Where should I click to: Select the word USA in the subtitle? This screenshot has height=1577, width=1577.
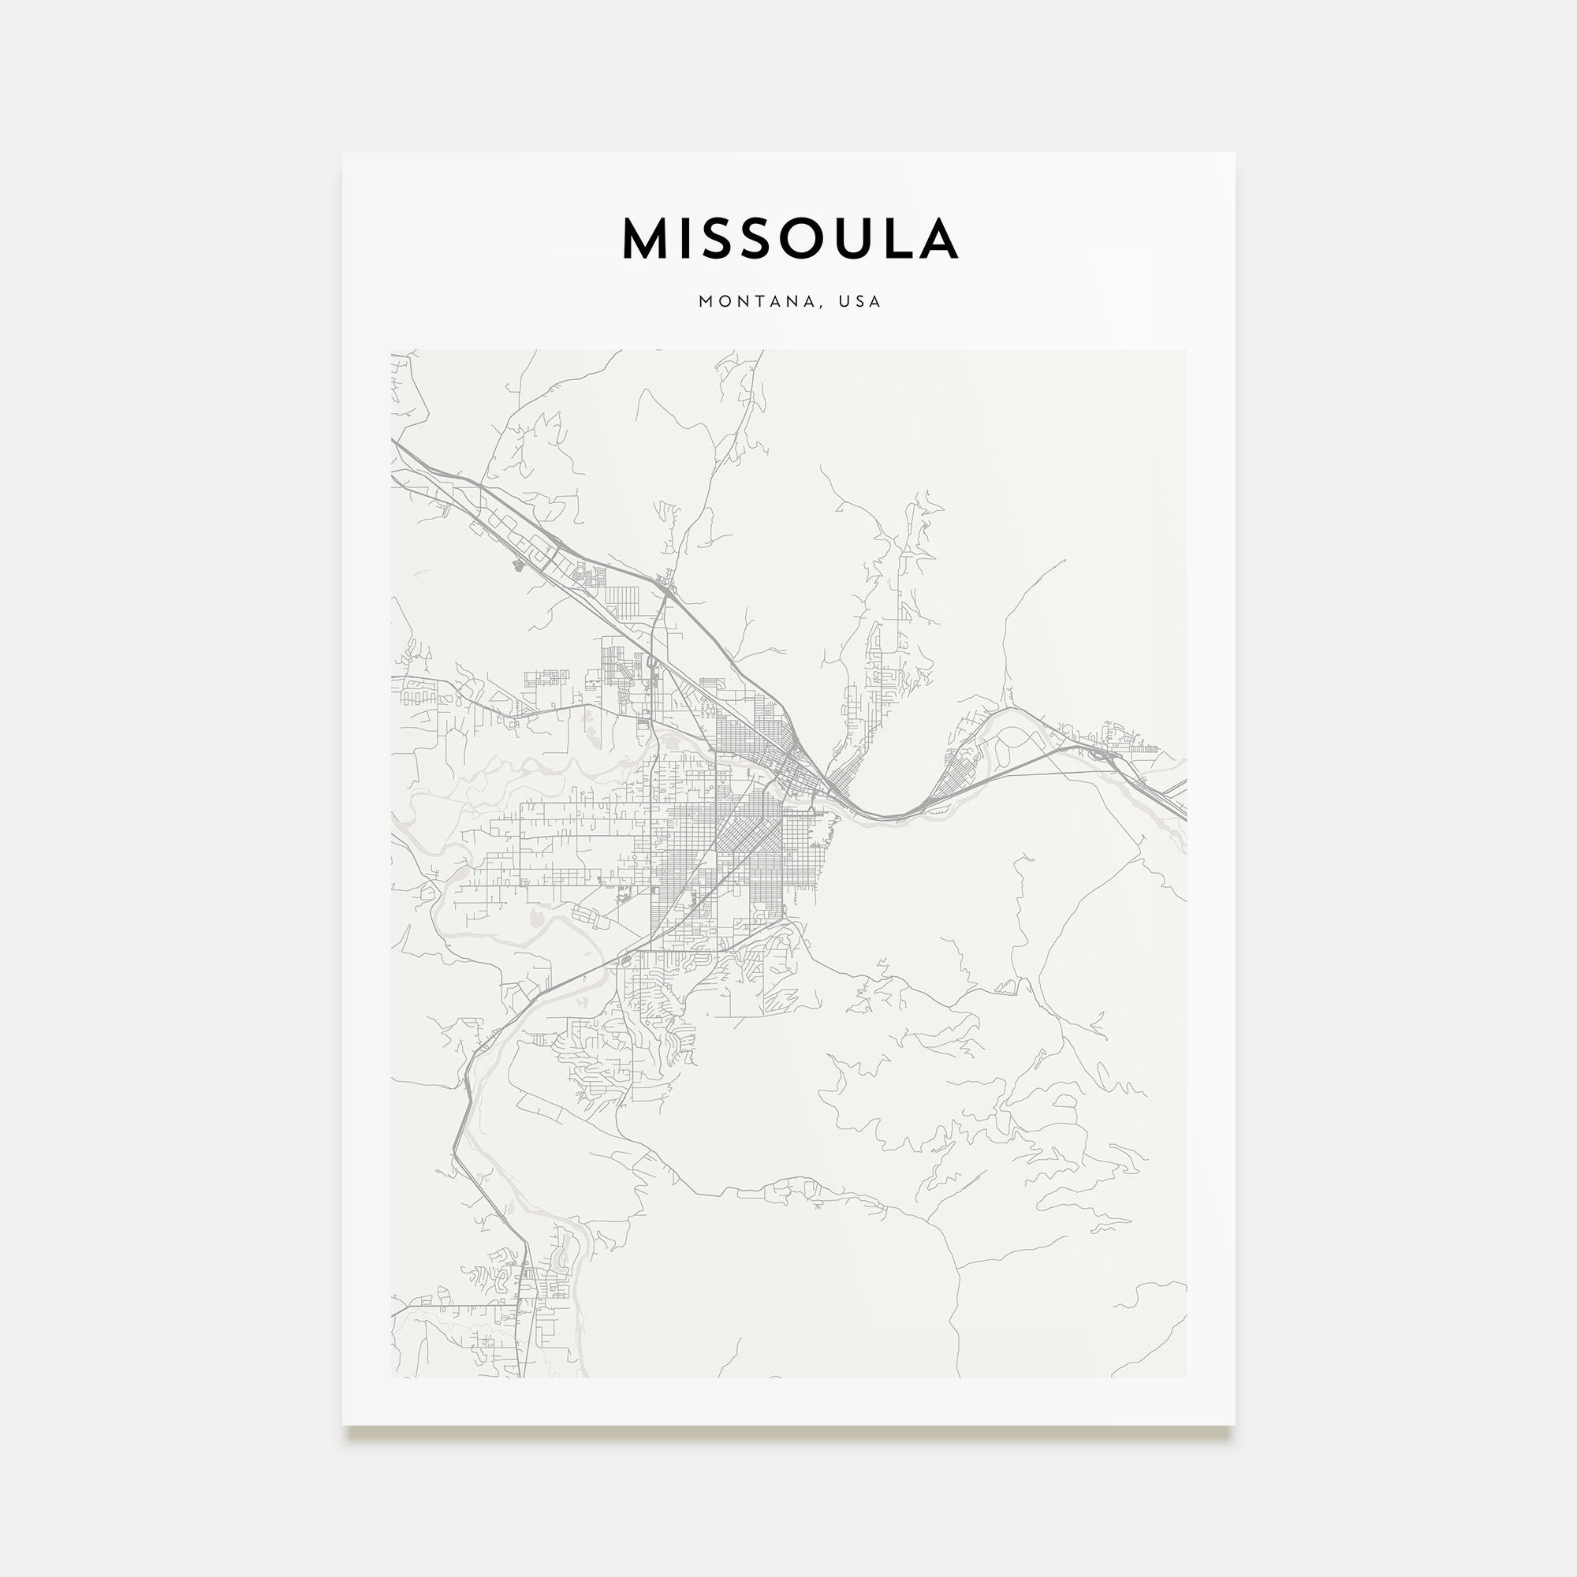tap(860, 301)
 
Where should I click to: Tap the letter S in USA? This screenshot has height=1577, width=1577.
tap(860, 301)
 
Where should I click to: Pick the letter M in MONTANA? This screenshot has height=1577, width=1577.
tap(705, 301)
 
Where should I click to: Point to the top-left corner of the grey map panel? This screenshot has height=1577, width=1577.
tap(392, 350)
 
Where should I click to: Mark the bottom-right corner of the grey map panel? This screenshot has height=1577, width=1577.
tap(1186, 1377)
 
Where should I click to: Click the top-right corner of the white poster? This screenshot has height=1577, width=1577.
tap(1234, 154)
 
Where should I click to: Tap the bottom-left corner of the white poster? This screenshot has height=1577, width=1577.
tap(343, 1425)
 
